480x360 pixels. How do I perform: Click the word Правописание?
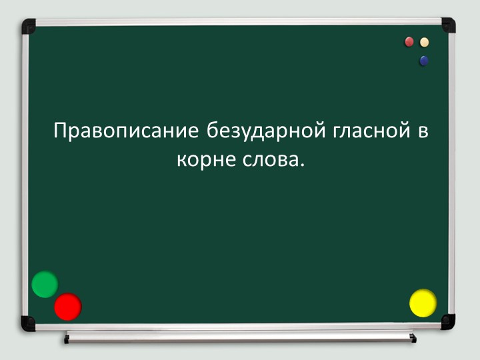click(125, 131)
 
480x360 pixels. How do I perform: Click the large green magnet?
click(45, 284)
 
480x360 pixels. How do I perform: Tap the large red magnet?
click(67, 307)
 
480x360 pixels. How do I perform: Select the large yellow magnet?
click(423, 303)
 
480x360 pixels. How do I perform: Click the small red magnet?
click(409, 42)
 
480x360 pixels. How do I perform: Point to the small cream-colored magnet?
click(424, 42)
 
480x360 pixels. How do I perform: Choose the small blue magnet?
click(423, 61)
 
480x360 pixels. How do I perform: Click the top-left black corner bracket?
click(28, 26)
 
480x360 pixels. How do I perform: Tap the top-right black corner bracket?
click(448, 25)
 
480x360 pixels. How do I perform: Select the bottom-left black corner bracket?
click(28, 323)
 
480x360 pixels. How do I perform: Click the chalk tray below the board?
click(240, 337)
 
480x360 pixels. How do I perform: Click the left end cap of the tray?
click(67, 339)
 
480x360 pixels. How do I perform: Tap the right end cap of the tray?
click(413, 339)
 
